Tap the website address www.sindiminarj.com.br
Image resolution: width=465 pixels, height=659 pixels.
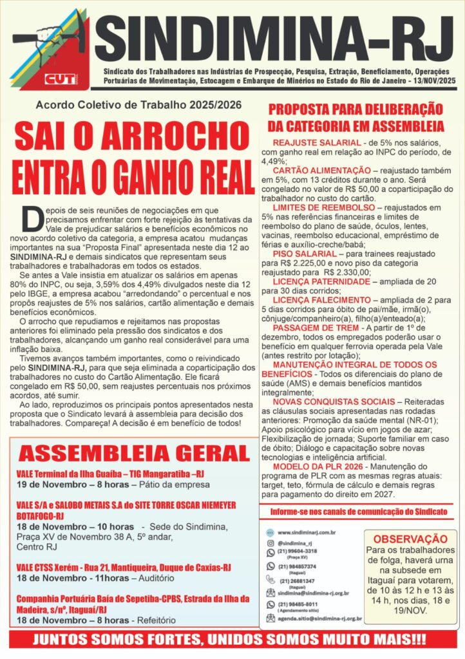pyautogui.click(x=307, y=532)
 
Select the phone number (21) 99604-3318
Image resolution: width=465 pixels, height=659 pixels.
pyautogui.click(x=297, y=552)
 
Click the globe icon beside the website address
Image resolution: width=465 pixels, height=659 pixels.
pyautogui.click(x=270, y=532)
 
